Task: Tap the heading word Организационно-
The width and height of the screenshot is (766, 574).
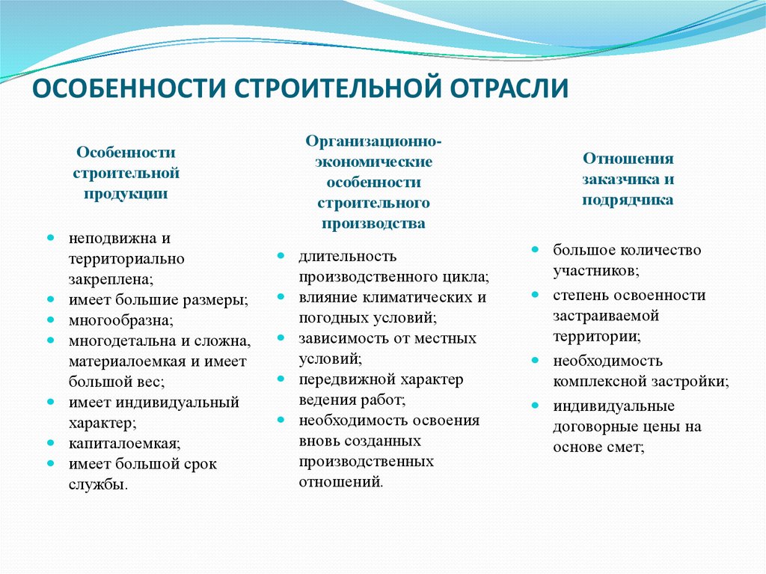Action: point(374,141)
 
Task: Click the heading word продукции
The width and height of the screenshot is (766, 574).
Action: point(126,194)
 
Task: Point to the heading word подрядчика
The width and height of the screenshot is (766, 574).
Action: point(628,200)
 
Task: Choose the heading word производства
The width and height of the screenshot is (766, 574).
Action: point(374,224)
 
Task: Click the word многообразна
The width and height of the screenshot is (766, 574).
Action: point(120,321)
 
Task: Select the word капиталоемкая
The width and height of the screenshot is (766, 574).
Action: point(123,444)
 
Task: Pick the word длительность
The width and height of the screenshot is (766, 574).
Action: point(347,256)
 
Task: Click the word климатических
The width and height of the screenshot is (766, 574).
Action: point(417,297)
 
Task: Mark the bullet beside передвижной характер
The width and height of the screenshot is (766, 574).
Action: point(281,379)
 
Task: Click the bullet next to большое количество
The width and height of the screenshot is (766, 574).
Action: point(536,250)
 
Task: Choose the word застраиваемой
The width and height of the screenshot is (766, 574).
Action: point(606,316)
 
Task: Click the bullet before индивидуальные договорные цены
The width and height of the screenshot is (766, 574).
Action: point(536,406)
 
